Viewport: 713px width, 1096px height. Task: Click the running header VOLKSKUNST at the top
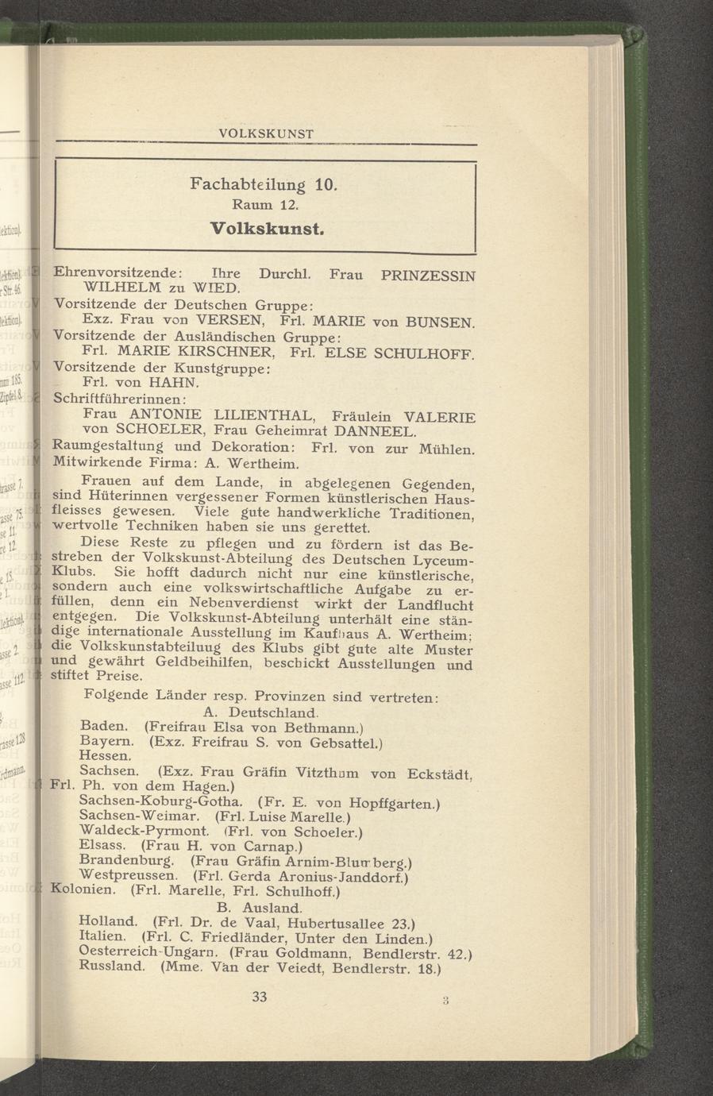click(x=266, y=133)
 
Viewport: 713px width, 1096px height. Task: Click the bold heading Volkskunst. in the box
click(x=267, y=230)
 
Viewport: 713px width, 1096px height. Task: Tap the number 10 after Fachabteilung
click(x=325, y=186)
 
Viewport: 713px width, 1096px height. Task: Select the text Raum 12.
click(x=266, y=206)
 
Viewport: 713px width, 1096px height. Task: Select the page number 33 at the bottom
click(x=260, y=997)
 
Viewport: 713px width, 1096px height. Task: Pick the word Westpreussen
click(x=128, y=875)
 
